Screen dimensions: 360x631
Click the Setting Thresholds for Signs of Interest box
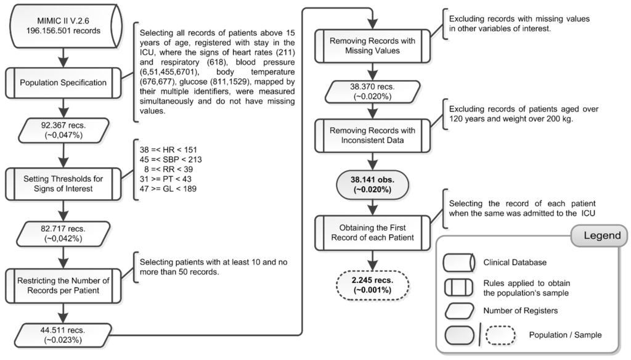click(63, 184)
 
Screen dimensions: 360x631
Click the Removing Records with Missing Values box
click(372, 46)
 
